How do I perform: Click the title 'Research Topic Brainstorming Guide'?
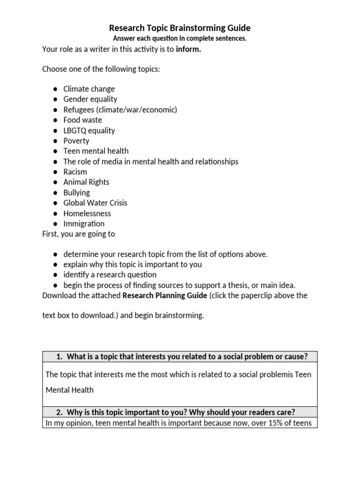180,28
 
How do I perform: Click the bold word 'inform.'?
188,49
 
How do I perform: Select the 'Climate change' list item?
89,89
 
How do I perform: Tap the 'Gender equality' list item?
90,99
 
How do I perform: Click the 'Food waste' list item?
82,120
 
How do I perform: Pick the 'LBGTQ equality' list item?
89,130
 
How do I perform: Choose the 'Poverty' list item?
76,141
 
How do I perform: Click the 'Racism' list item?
75,172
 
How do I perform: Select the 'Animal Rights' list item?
86,182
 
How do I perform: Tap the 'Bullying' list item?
76,192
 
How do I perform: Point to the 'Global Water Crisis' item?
95,202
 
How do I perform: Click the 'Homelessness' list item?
87,213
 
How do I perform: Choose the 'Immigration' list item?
84,224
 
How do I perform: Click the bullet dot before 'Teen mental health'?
55,151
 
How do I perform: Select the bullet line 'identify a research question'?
110,275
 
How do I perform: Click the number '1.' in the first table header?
60,357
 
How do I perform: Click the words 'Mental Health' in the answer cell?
69,390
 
